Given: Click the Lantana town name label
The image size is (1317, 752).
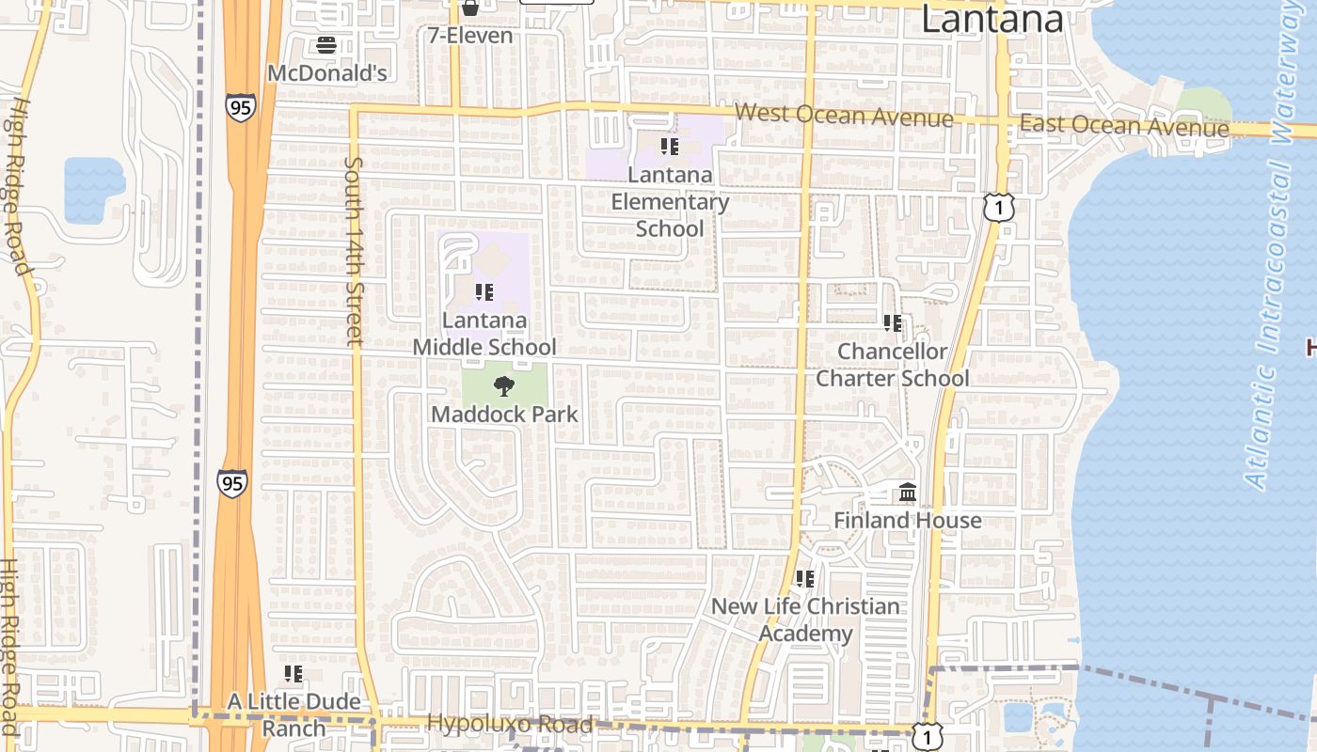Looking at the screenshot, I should pyautogui.click(x=992, y=19).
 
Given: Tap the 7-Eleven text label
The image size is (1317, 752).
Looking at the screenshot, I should pyautogui.click(x=470, y=36).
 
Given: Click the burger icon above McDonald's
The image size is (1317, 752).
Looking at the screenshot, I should pyautogui.click(x=326, y=44).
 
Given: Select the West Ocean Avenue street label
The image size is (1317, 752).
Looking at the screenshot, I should pyautogui.click(x=844, y=116).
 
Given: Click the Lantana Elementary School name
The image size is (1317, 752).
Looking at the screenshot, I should pyautogui.click(x=670, y=201).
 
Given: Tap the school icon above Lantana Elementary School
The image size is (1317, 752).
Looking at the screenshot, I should pyautogui.click(x=669, y=147).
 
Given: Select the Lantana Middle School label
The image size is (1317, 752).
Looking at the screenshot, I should pyautogui.click(x=485, y=334).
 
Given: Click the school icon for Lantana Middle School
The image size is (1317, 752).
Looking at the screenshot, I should pyautogui.click(x=484, y=292).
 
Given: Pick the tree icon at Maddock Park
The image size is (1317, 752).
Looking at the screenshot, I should pyautogui.click(x=504, y=385).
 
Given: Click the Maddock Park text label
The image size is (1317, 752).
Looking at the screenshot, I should pyautogui.click(x=504, y=414).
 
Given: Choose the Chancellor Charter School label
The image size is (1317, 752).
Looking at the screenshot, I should pyautogui.click(x=892, y=365).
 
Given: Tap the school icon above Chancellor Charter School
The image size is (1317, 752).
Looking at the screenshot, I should pyautogui.click(x=892, y=323).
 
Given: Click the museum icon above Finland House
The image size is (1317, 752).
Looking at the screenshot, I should pyautogui.click(x=908, y=493).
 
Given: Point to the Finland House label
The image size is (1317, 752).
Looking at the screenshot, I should pyautogui.click(x=908, y=520).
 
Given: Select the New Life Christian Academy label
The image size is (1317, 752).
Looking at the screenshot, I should pyautogui.click(x=805, y=619).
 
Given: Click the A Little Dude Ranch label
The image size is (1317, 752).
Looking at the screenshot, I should pyautogui.click(x=294, y=714).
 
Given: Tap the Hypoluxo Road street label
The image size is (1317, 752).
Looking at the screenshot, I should pyautogui.click(x=510, y=724).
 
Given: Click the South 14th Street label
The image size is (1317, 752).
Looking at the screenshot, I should pyautogui.click(x=354, y=251).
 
